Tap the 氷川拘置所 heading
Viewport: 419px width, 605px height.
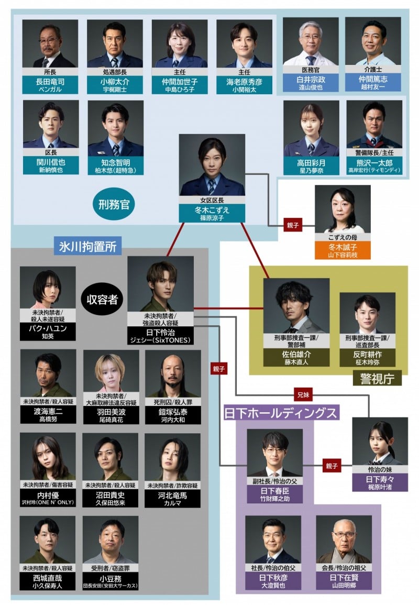coord(87,245)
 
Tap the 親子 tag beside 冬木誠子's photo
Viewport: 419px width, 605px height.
coord(292,226)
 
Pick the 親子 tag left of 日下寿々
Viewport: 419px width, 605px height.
coord(332,465)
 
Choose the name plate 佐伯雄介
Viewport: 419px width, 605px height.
coord(296,358)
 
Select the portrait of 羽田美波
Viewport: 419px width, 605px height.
coord(111,372)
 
